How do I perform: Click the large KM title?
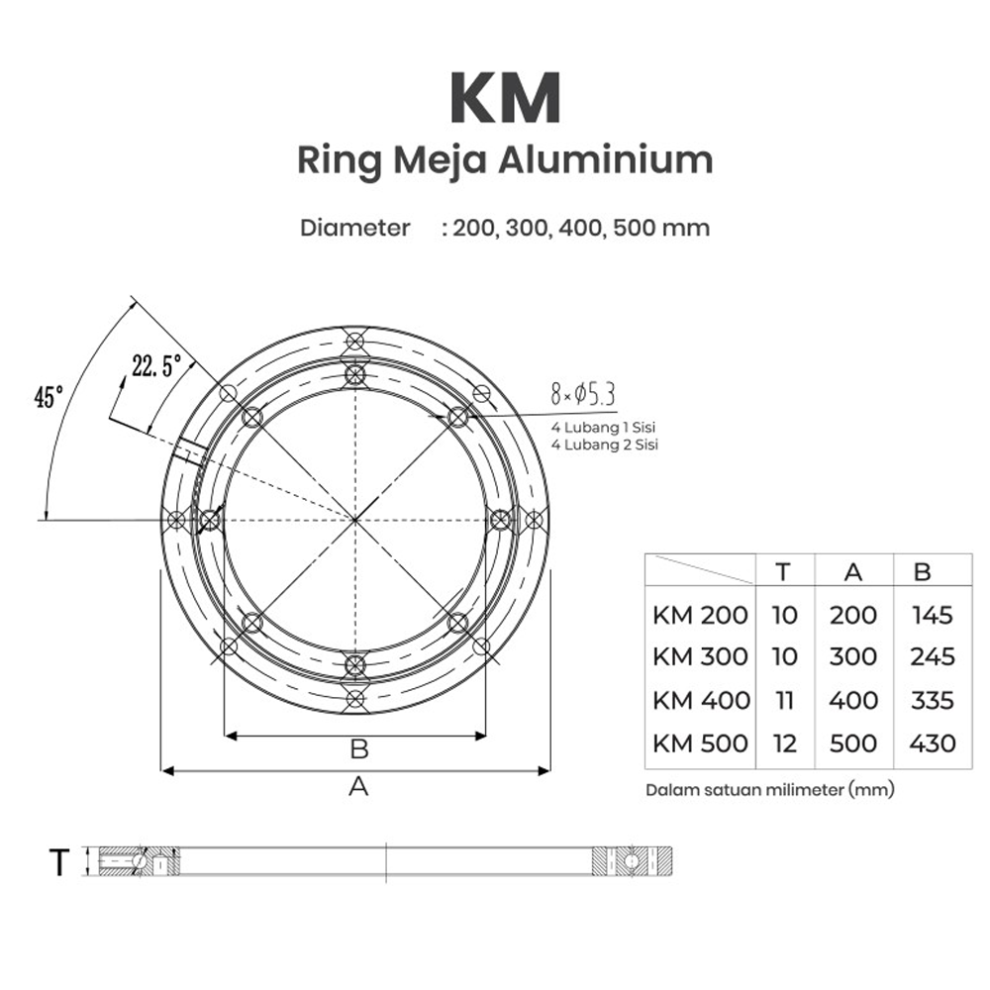click(505, 97)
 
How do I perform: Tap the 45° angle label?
click(49, 398)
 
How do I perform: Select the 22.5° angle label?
click(150, 366)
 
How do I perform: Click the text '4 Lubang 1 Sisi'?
click(604, 428)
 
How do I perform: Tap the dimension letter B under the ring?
click(358, 749)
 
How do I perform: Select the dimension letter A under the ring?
click(358, 787)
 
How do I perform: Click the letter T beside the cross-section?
click(59, 862)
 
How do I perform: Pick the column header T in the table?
click(783, 571)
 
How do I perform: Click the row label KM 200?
click(701, 615)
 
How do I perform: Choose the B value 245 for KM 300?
click(931, 656)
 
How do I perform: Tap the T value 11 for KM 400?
click(784, 700)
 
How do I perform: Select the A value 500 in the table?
click(853, 742)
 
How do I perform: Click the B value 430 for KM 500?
click(931, 742)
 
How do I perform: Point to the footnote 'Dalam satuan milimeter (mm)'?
click(769, 790)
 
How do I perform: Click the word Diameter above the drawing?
click(355, 228)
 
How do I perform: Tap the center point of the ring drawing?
click(354, 519)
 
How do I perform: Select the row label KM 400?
click(701, 700)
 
